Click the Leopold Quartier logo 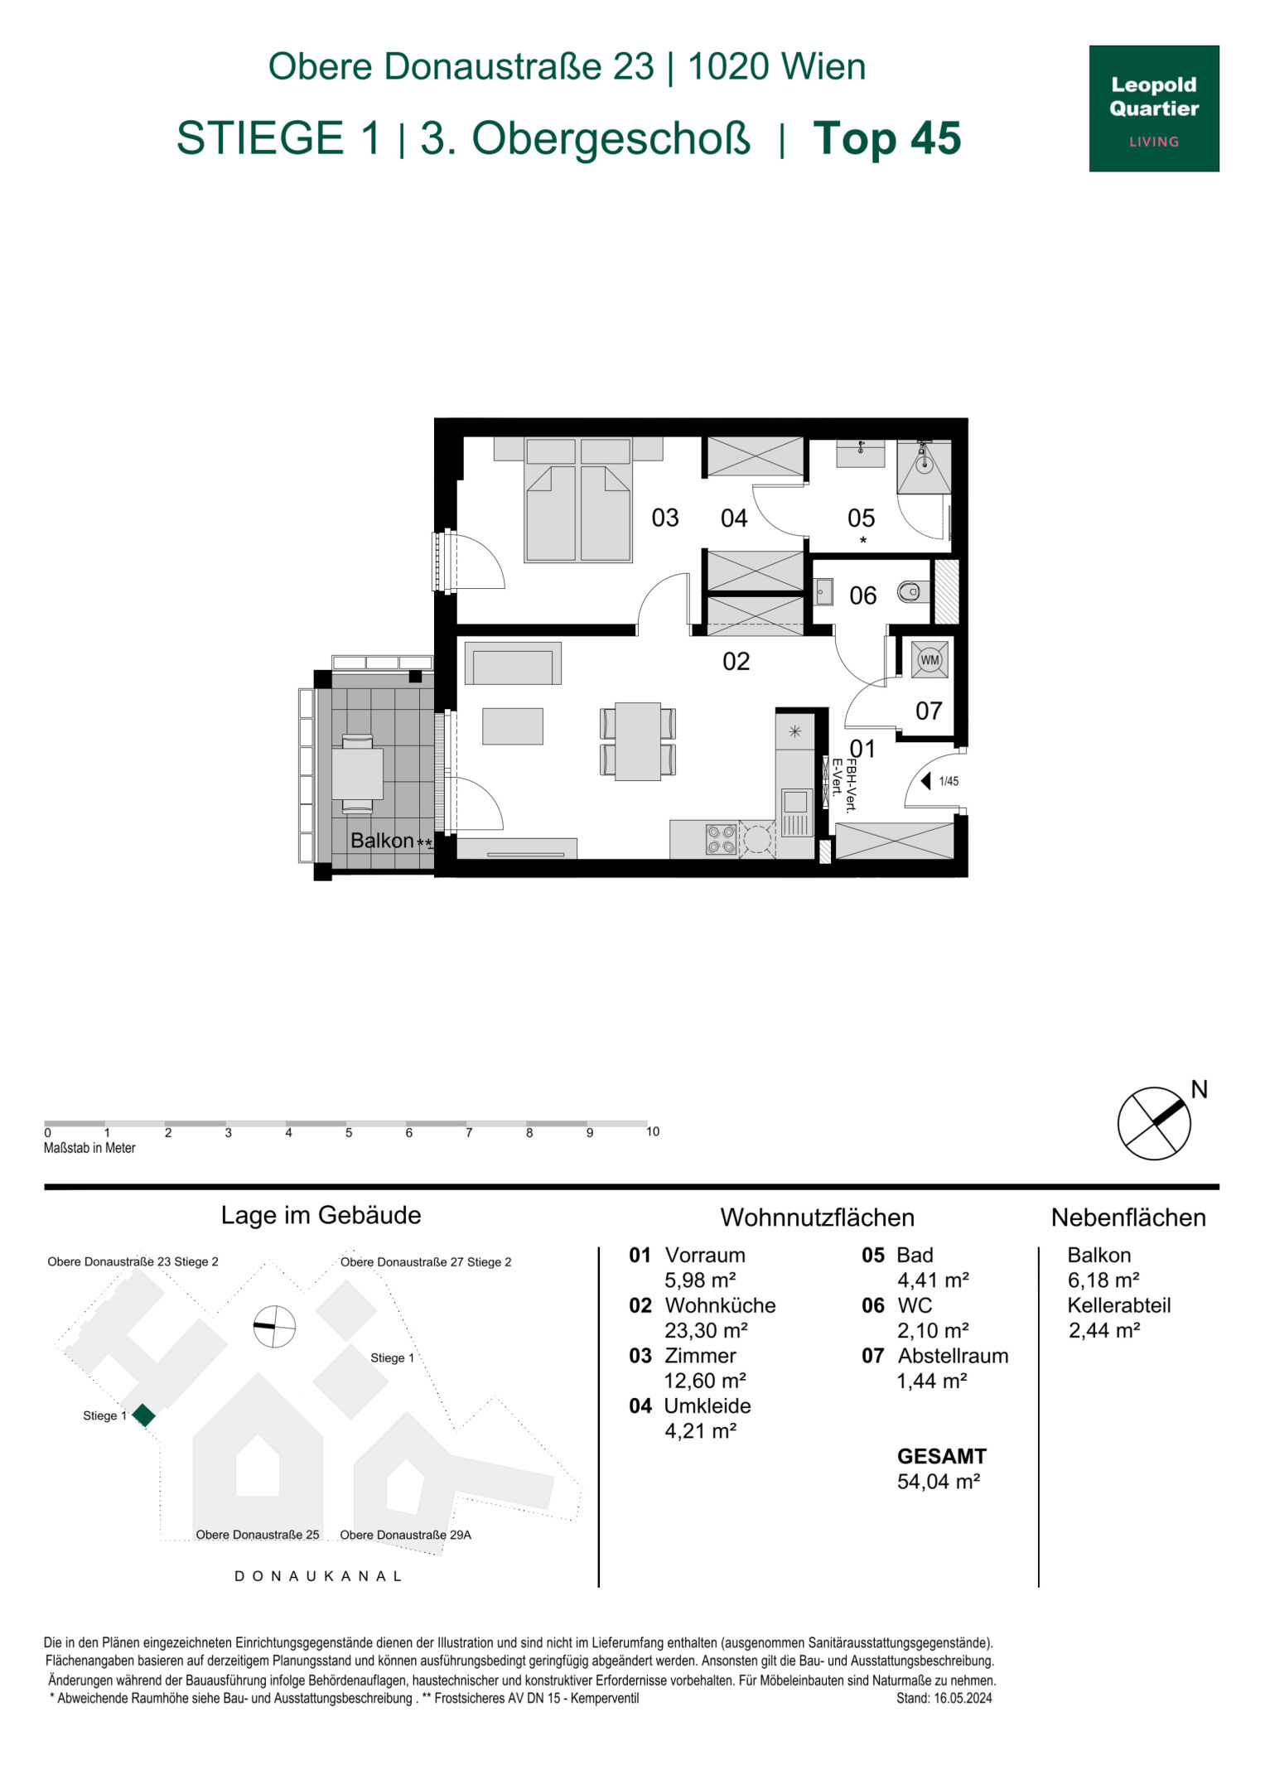[1153, 108]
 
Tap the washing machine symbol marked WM [929, 660]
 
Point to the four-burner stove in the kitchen [721, 838]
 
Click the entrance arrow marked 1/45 [927, 780]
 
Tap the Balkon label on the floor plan [382, 840]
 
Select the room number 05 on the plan [861, 518]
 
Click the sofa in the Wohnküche [513, 663]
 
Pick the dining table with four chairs [637, 741]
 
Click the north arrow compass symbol [1154, 1123]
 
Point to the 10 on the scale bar [653, 1131]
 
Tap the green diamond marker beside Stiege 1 [144, 1415]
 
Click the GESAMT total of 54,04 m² [939, 1481]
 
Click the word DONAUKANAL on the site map [319, 1576]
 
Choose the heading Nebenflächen [1127, 1218]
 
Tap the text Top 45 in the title [886, 138]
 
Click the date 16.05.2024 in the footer [963, 1698]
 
